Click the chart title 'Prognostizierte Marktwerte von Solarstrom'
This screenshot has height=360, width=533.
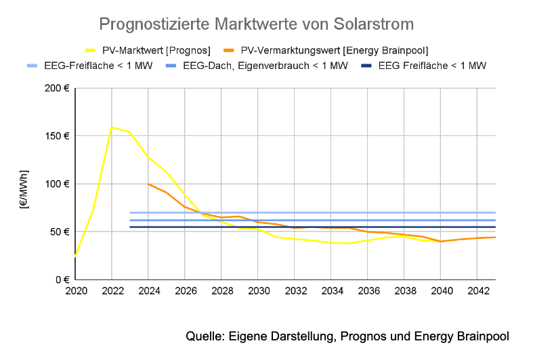[256, 24]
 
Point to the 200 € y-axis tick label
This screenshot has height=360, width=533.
[58, 88]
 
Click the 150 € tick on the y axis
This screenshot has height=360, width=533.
[58, 136]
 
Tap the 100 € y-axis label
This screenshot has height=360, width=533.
[58, 184]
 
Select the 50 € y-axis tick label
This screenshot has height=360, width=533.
[60, 231]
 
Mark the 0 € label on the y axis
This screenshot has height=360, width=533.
[63, 279]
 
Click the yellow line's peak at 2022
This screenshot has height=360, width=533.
[111, 127]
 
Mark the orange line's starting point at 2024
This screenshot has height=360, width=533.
[148, 184]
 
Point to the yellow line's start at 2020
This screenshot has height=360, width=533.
[75, 256]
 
